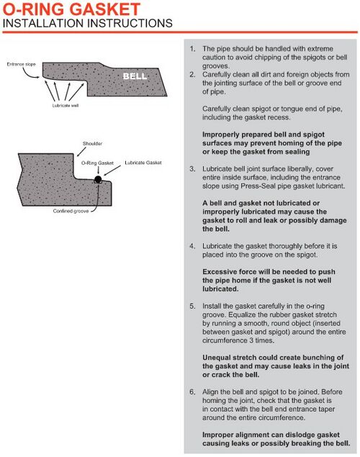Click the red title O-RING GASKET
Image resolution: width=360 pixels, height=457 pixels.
click(x=71, y=9)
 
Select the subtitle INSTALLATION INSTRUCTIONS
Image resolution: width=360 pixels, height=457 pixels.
click(x=87, y=23)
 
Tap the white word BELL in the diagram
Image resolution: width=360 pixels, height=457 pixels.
click(x=135, y=76)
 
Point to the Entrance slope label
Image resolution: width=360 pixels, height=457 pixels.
click(x=22, y=64)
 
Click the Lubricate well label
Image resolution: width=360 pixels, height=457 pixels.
click(x=66, y=105)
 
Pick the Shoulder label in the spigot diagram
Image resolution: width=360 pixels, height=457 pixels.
click(x=92, y=143)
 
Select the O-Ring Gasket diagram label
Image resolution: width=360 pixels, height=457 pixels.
click(x=97, y=163)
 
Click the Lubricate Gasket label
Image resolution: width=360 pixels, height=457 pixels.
click(x=143, y=163)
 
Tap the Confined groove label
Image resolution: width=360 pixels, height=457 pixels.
click(x=71, y=211)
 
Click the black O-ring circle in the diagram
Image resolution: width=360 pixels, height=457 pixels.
click(x=98, y=179)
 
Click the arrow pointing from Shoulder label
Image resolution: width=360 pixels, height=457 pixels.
click(x=81, y=152)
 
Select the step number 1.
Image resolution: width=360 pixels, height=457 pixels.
click(x=192, y=49)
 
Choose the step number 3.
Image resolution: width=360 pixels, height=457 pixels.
click(x=192, y=168)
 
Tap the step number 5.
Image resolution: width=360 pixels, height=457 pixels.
click(x=192, y=306)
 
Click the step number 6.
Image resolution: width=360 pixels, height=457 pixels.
click(x=192, y=392)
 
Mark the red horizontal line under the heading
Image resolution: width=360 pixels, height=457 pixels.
click(x=180, y=32)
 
